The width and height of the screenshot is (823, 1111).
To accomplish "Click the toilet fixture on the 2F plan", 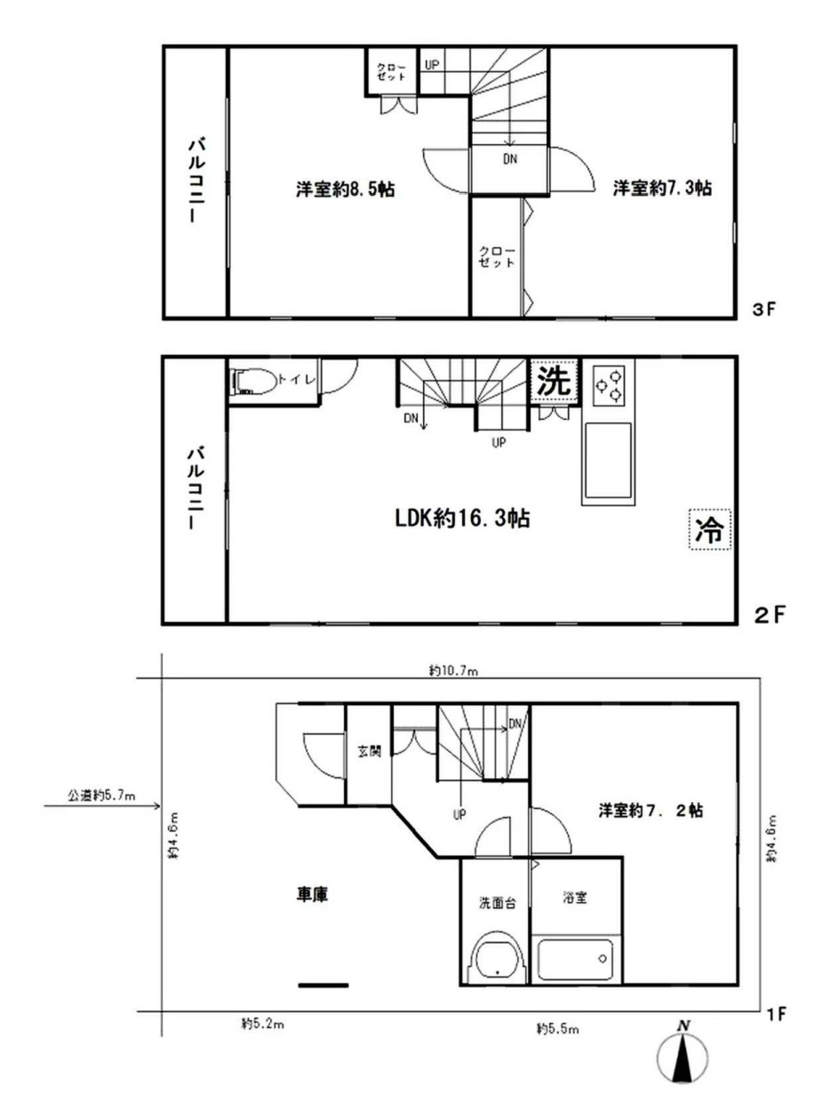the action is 254,383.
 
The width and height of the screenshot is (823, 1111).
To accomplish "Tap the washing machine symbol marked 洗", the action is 555,382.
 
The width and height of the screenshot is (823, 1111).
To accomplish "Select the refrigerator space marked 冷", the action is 709,529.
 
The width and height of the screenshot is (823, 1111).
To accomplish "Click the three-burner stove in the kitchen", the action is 608,385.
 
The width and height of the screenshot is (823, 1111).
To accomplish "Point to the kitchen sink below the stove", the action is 608,461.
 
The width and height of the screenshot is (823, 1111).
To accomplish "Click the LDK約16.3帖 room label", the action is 462,519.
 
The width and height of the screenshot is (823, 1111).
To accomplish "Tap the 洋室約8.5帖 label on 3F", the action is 345,189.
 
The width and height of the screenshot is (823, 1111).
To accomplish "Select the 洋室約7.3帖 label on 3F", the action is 662,188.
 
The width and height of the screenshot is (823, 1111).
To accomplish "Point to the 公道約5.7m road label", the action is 101,795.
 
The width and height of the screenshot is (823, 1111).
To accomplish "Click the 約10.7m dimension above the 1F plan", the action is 453,671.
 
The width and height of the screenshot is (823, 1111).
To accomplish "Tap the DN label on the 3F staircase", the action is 510,159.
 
